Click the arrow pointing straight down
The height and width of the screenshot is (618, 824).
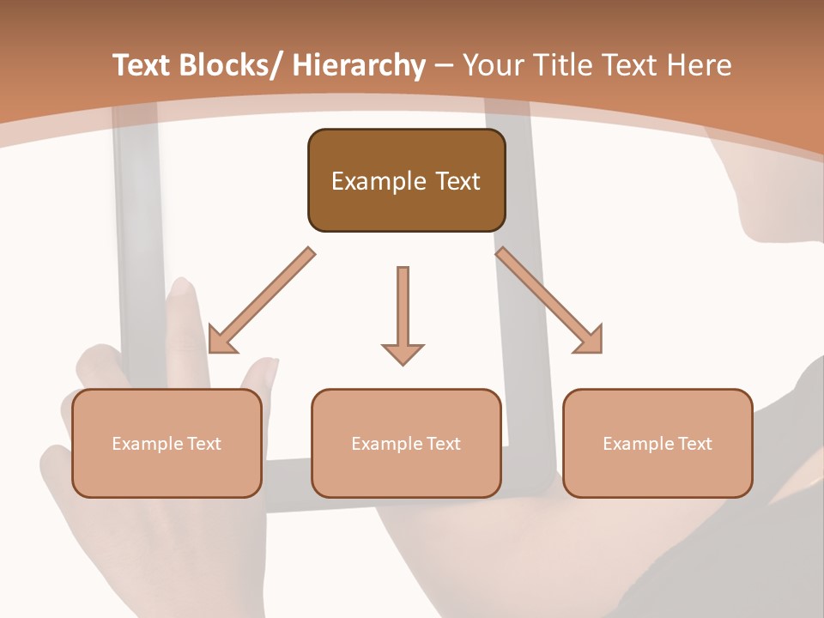tap(403, 309)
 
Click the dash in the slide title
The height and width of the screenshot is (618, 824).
tap(443, 67)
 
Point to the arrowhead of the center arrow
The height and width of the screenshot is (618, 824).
tap(403, 353)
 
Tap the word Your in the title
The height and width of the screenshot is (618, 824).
tap(490, 65)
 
